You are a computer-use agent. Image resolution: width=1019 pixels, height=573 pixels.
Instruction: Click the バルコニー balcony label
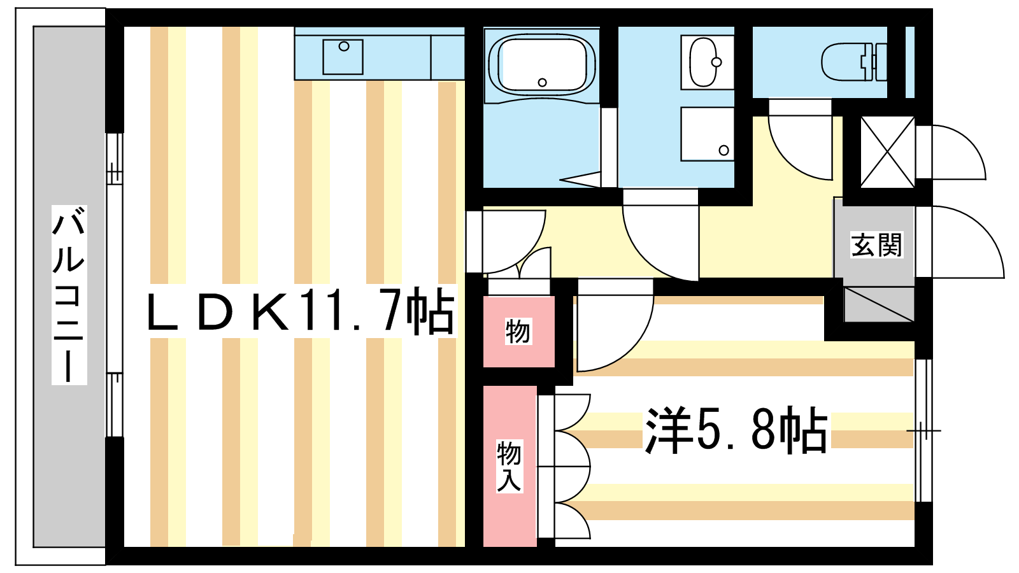69,295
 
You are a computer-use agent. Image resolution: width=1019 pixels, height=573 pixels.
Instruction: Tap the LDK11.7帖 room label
301,311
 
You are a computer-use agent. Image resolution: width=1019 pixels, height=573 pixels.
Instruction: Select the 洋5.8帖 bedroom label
736,430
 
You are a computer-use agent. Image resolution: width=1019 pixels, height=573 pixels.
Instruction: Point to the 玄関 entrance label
876,244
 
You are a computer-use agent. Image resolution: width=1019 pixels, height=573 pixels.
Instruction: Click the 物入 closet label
509,465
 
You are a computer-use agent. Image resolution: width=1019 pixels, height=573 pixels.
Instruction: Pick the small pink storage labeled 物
518,332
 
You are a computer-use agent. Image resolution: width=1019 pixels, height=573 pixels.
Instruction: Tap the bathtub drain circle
542,82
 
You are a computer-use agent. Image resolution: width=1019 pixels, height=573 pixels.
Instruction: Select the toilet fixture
854,62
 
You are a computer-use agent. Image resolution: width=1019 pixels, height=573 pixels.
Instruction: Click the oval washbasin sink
704,62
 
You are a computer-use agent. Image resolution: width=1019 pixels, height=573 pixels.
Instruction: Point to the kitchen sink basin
343,57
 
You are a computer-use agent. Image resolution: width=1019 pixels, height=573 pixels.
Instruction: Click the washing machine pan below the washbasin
708,134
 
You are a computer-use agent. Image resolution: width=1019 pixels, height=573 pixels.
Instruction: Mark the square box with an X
888,152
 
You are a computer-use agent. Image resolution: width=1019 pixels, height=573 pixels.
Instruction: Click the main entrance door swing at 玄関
960,242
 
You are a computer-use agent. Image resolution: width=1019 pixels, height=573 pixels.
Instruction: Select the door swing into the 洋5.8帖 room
615,325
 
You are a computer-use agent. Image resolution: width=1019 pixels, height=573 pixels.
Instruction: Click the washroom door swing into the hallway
660,235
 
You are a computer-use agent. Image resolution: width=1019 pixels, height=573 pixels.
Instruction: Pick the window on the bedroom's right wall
923,430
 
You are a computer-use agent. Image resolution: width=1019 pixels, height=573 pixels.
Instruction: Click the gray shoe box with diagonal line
879,304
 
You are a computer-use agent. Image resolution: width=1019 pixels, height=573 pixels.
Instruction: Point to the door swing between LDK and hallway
506,241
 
